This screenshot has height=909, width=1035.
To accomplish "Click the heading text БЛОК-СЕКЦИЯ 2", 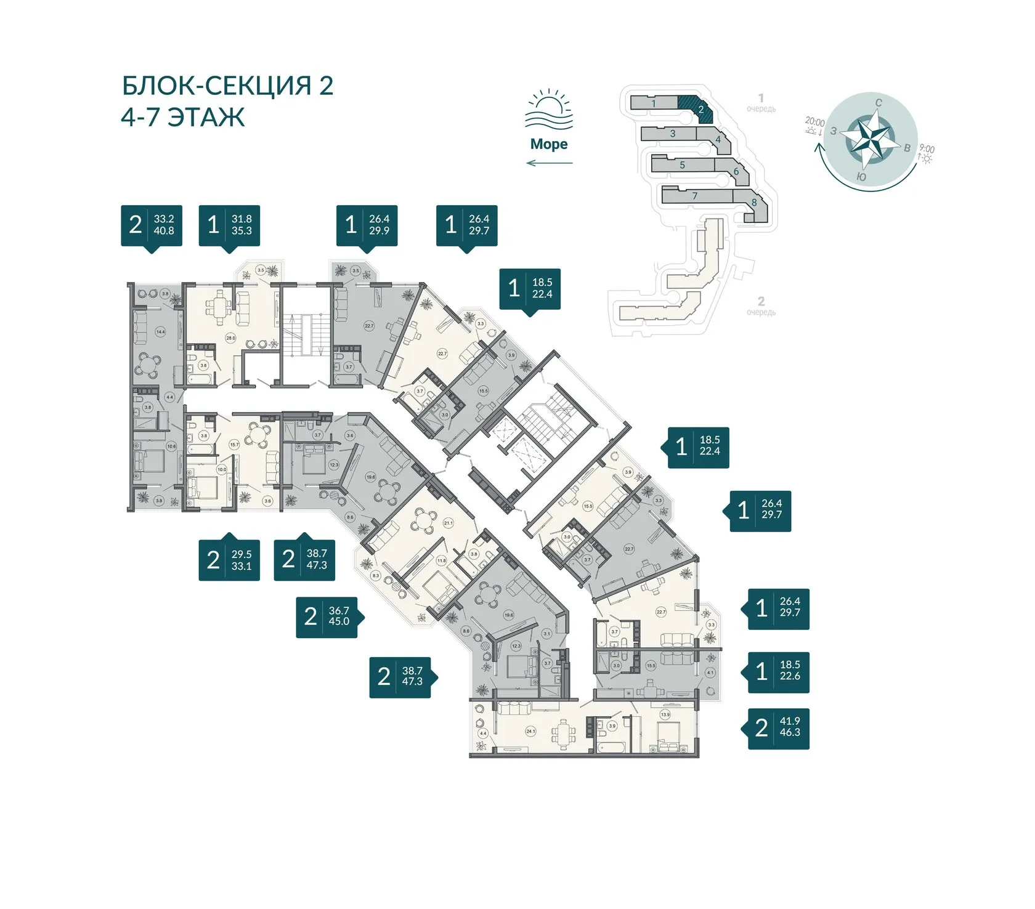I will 227,86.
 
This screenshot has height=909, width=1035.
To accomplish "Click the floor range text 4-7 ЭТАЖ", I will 182,117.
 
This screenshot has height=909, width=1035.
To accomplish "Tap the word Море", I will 549,144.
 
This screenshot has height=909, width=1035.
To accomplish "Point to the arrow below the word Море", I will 549,163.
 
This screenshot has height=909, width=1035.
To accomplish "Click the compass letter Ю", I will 862,177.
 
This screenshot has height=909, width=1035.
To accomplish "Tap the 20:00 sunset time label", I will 814,122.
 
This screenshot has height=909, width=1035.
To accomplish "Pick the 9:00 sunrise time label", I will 926,149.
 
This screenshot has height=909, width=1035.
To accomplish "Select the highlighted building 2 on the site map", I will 696,107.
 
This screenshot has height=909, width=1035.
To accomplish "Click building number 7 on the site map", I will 694,196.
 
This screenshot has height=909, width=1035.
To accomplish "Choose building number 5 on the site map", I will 682,165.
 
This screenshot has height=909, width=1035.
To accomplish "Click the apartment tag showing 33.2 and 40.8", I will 152,225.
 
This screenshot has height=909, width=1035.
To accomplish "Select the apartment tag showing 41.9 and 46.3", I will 778,728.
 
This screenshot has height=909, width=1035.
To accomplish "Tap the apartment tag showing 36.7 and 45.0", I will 327,616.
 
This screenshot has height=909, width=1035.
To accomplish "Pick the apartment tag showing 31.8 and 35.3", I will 229,225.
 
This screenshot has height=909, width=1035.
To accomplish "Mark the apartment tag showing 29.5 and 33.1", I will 229,560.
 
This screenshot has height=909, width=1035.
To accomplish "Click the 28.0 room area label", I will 230,338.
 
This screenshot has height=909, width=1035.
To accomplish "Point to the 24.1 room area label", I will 530,731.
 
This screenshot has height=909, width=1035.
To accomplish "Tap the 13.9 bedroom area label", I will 665,715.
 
